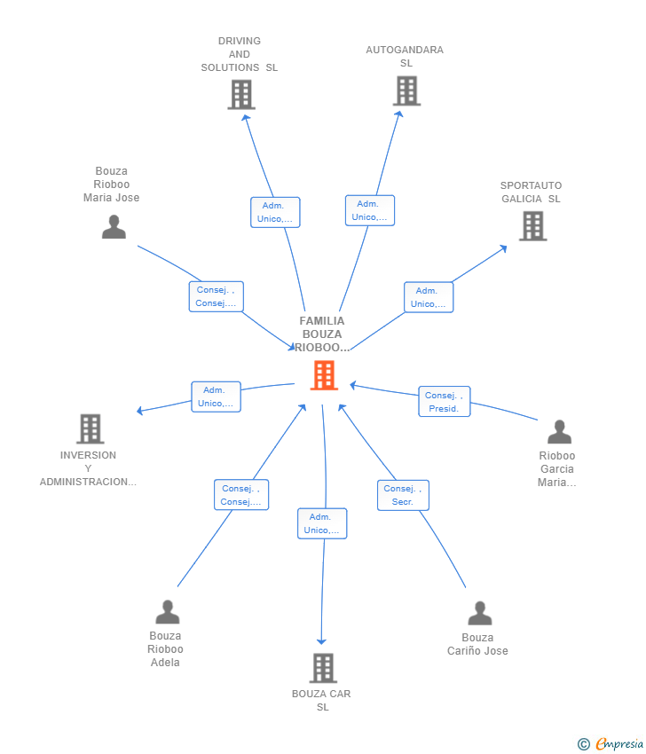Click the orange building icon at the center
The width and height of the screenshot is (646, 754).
(x=324, y=375)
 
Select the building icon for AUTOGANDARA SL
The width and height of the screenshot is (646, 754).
(x=406, y=90)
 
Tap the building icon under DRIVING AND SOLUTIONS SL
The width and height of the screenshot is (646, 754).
(x=241, y=95)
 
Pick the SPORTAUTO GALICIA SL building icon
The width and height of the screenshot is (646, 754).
(x=533, y=226)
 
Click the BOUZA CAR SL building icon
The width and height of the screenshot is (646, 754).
(x=323, y=668)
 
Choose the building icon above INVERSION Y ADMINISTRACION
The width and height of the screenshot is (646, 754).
(x=90, y=428)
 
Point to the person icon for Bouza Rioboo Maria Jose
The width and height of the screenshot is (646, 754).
(x=114, y=227)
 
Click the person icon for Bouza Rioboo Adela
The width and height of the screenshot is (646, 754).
(x=168, y=612)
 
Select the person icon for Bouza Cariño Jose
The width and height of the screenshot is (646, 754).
(x=480, y=613)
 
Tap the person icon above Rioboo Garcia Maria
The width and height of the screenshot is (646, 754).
(x=559, y=431)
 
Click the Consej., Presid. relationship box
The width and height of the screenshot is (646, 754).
(x=445, y=402)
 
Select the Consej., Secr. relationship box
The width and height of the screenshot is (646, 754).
(x=403, y=495)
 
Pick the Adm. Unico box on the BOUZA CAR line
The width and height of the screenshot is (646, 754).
(x=322, y=523)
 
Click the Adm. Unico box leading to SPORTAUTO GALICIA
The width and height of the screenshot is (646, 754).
(x=429, y=297)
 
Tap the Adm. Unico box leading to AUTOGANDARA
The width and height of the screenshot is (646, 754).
(x=370, y=210)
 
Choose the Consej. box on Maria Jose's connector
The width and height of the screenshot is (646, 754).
(x=217, y=296)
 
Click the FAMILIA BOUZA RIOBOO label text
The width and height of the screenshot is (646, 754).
(x=322, y=334)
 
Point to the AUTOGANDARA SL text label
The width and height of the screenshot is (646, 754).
(x=405, y=56)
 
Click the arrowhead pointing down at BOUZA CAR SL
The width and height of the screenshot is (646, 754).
(x=322, y=641)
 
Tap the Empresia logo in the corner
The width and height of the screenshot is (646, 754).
(x=611, y=744)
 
